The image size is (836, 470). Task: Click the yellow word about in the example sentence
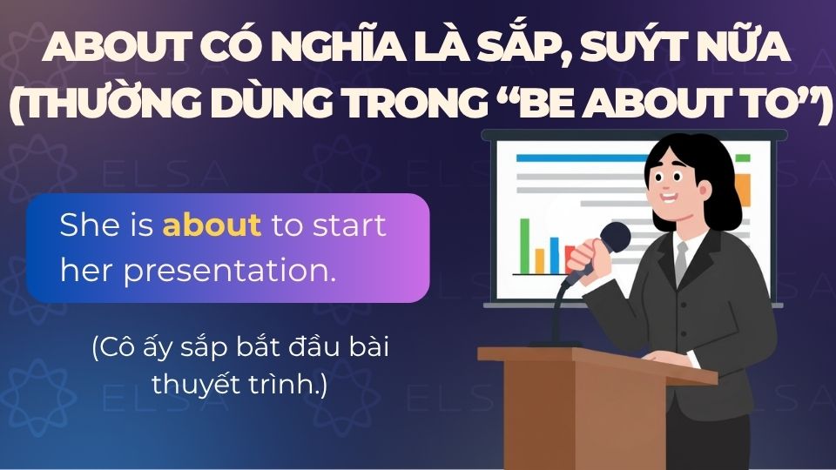coord(212,225)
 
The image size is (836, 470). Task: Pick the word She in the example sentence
coord(87,225)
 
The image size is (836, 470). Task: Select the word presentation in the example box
coord(229,270)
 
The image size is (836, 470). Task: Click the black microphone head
coord(616,237)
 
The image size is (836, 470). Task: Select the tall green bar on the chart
coord(525,245)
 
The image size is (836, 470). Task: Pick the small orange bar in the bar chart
coord(539,259)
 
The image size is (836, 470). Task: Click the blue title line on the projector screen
coord(557,158)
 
